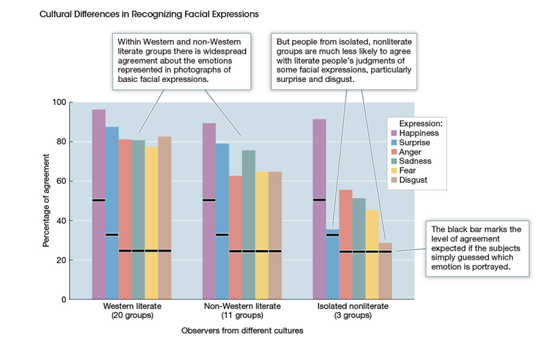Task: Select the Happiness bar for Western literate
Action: point(99,203)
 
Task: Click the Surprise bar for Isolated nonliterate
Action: point(332,264)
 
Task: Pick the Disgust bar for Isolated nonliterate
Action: point(385,271)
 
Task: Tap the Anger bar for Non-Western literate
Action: point(235,237)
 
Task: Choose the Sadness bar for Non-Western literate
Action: point(249,224)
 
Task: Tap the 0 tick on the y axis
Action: point(63,299)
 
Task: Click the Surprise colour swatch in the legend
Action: point(393,143)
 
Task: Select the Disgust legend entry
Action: point(414,180)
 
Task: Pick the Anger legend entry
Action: point(411,153)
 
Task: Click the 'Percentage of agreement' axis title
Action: point(46,201)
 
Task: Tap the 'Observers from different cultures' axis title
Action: point(242,331)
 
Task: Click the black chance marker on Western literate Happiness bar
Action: point(99,200)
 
